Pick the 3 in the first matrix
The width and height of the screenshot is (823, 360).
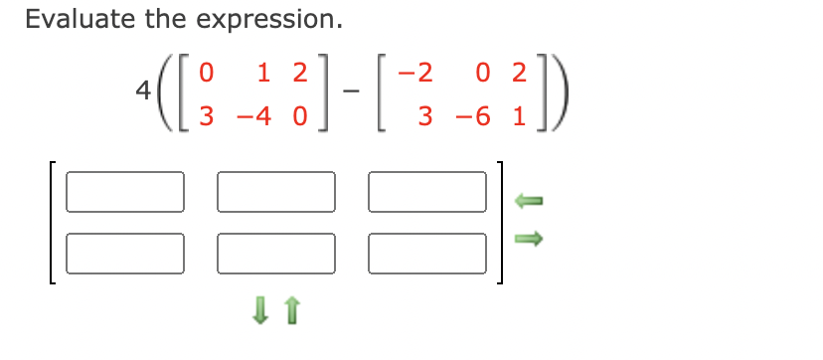point(207,115)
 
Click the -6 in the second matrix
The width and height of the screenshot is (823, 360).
point(475,115)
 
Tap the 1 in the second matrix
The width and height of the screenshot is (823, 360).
point(520,115)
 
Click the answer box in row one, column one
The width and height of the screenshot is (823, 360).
point(125,191)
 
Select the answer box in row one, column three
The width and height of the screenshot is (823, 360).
point(427,191)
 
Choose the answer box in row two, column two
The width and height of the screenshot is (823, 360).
point(276,253)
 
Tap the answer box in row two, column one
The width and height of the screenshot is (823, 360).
point(125,253)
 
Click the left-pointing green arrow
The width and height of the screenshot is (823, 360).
point(529,202)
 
